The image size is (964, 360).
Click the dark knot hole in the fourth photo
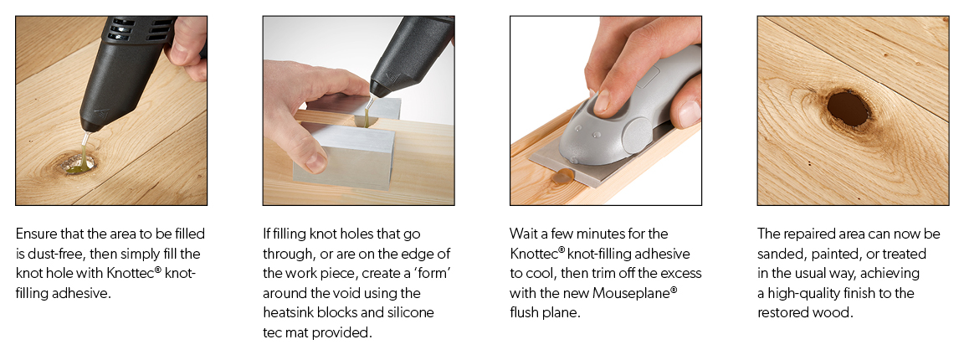click(x=848, y=108)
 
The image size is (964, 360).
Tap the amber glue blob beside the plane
click(x=562, y=177)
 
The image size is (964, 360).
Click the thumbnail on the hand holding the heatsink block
click(x=316, y=162)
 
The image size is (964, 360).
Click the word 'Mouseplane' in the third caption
click(x=634, y=293)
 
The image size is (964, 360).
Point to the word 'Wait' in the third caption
click(x=522, y=234)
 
